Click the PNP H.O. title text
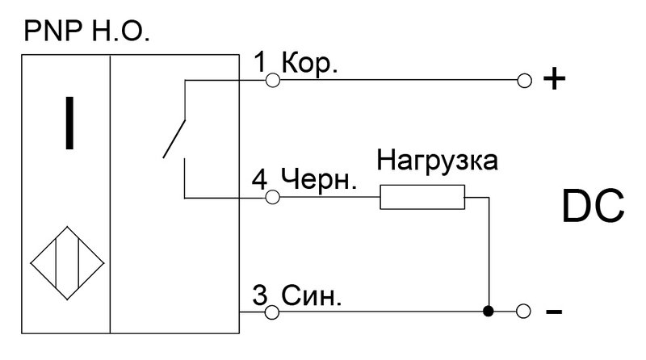(86, 31)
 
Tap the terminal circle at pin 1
(272, 80)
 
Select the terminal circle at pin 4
(272, 197)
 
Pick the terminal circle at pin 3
(271, 312)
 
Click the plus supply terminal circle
(524, 81)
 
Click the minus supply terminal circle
(523, 312)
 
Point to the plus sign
(554, 78)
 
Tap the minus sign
(554, 312)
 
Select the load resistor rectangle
(422, 197)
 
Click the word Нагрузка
(437, 161)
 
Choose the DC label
(593, 207)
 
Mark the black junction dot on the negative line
(489, 312)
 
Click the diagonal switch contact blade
(174, 139)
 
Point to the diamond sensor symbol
(67, 263)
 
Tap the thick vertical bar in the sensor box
(69, 123)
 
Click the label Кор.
(309, 65)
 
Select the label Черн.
(318, 180)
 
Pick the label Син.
(312, 295)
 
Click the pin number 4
(259, 180)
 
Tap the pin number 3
(260, 295)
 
